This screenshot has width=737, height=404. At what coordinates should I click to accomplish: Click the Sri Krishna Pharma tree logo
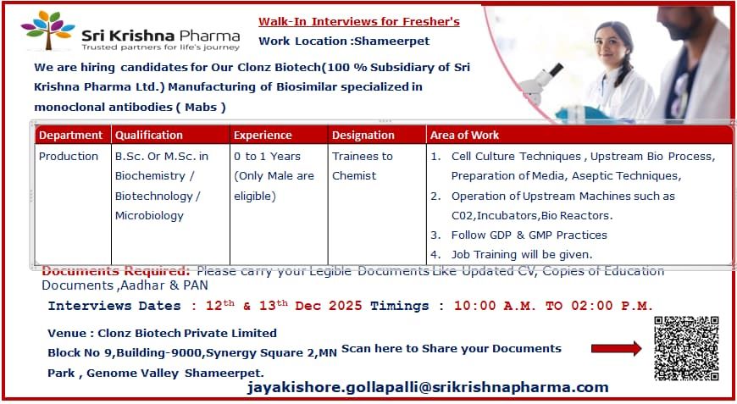point(48,31)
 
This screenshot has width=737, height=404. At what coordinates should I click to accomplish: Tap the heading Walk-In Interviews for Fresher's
point(358,21)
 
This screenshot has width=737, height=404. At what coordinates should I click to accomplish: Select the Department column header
point(71,135)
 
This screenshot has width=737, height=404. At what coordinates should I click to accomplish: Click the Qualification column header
point(149,135)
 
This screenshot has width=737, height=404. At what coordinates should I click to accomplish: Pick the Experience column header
point(263,135)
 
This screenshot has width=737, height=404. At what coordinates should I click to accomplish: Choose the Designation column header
point(363,135)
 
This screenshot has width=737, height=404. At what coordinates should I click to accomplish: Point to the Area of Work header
point(464,135)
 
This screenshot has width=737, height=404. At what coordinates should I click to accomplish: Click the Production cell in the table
point(69,156)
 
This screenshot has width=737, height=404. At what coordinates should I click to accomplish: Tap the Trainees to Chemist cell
point(362,166)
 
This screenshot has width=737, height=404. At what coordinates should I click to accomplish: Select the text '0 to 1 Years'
point(266,156)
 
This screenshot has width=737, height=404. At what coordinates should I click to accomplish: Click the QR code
point(686,348)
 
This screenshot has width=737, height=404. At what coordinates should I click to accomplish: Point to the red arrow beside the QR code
point(616,348)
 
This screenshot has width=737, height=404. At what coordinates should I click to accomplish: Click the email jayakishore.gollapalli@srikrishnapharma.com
point(428,387)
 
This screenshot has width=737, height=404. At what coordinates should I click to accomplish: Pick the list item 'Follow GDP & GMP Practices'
point(529,235)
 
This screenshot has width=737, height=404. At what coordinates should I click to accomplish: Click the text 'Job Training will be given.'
point(522,254)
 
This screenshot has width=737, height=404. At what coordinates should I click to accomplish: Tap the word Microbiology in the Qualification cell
point(149,215)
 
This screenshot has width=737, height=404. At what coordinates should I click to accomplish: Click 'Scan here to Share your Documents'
point(451,348)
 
